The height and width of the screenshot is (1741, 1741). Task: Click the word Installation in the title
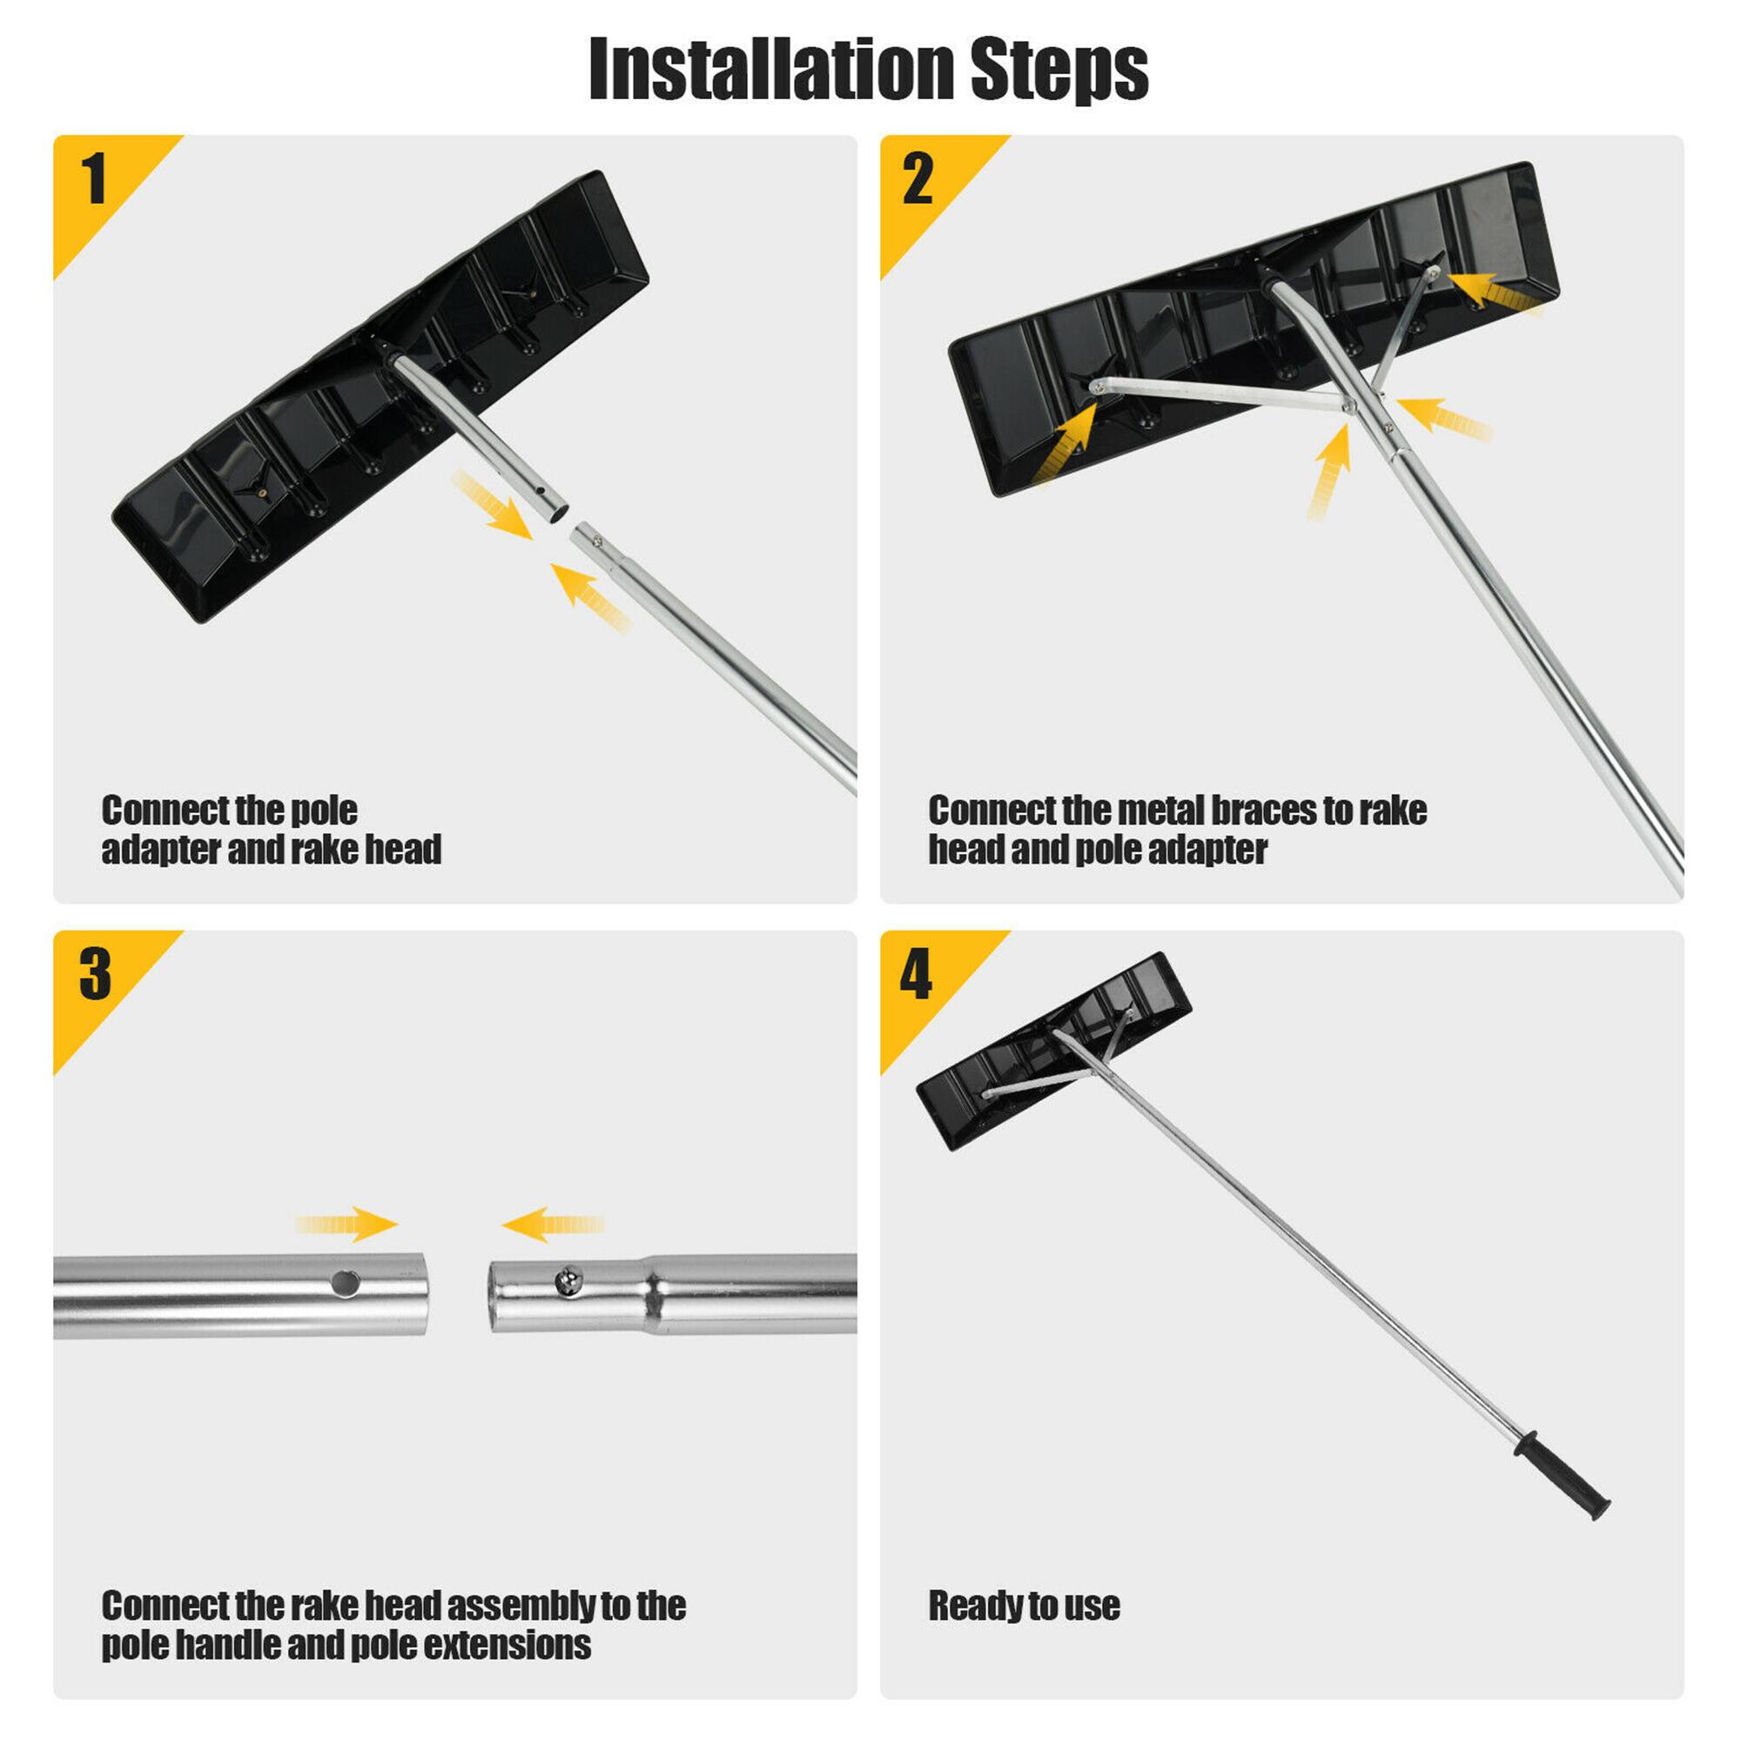770,71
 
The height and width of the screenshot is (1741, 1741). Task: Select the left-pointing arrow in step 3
552,1225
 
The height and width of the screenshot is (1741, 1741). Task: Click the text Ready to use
1024,1605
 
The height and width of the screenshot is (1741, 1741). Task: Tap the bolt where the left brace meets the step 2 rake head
1096,387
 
